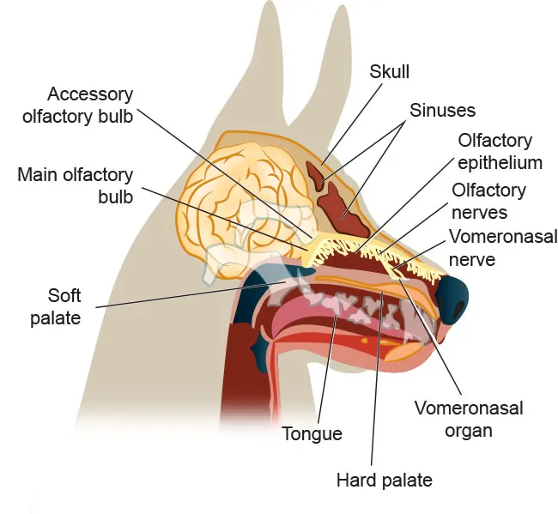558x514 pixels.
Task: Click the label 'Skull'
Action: pyautogui.click(x=391, y=71)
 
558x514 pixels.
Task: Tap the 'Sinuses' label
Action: pyautogui.click(x=442, y=111)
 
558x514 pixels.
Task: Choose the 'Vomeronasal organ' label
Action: pyautogui.click(x=468, y=419)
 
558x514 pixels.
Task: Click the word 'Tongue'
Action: pyautogui.click(x=312, y=434)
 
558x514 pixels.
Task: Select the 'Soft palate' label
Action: pyautogui.click(x=64, y=306)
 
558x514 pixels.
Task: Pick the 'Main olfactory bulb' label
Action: pyautogui.click(x=76, y=185)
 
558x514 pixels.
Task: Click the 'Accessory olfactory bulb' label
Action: pyautogui.click(x=90, y=105)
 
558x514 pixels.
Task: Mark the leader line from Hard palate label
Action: pyautogui.click(x=374, y=386)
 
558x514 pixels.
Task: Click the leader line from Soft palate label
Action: pyautogui.click(x=189, y=293)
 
